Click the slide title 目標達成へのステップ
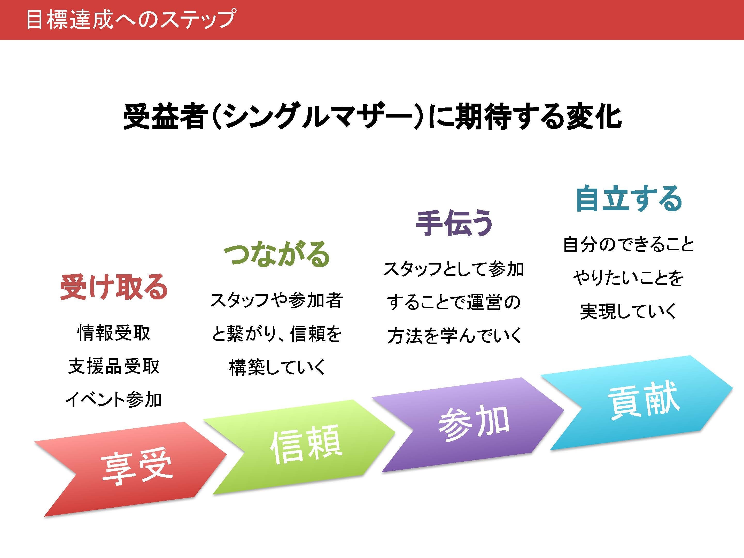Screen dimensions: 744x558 tap(130, 20)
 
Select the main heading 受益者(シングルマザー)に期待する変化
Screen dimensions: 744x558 tap(372, 117)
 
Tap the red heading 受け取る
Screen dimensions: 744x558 tap(114, 287)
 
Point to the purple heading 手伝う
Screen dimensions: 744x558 tap(454, 223)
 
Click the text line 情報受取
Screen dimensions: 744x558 tap(114, 333)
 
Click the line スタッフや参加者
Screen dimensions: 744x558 tap(276, 300)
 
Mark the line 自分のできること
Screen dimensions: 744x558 tap(628, 245)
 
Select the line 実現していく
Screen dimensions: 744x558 tap(628, 311)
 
